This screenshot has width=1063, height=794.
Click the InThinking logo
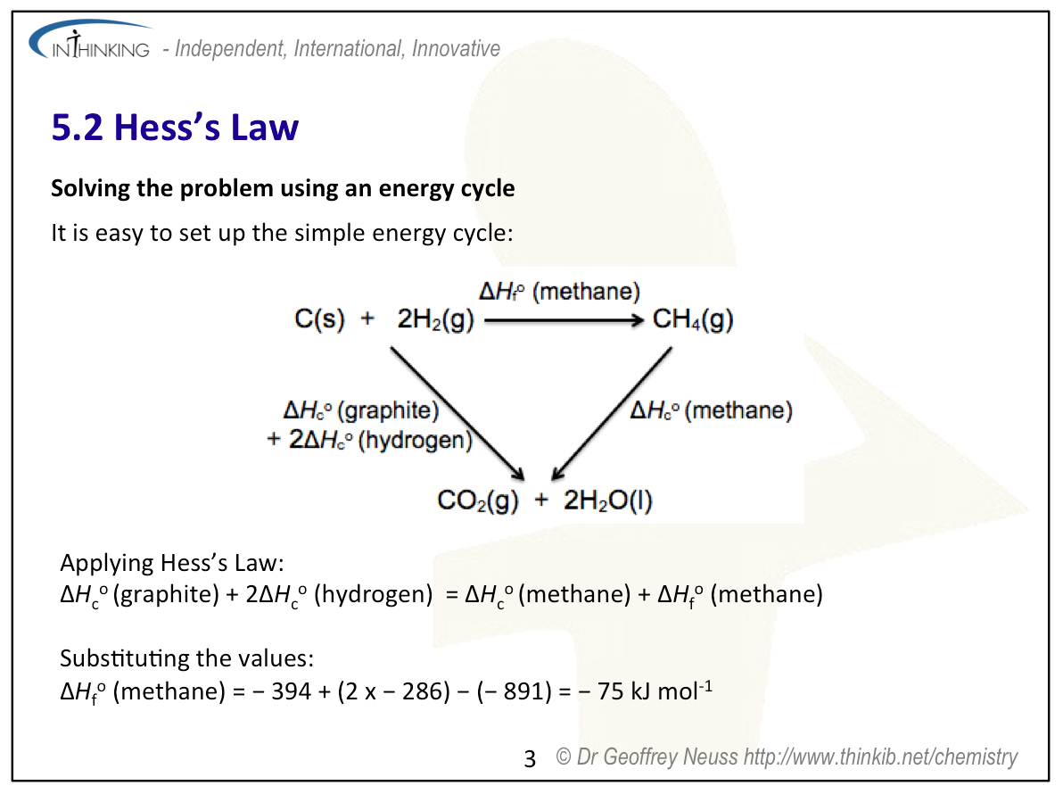(90, 41)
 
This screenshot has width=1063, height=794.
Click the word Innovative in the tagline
(456, 49)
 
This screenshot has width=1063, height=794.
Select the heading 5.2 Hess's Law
(175, 127)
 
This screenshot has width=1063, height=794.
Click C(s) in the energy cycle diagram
(319, 318)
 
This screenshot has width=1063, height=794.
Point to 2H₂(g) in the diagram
(435, 318)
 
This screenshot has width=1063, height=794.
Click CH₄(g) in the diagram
(692, 318)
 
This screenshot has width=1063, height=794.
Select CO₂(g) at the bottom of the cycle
(478, 500)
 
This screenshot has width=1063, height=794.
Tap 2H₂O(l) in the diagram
(607, 500)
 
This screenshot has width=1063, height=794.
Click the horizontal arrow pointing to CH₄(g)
(564, 320)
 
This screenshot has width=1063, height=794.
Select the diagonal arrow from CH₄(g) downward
(612, 414)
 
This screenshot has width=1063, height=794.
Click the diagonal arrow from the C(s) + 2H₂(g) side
(457, 414)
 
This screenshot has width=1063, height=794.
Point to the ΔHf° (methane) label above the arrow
(559, 292)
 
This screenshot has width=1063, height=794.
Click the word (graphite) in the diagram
(389, 410)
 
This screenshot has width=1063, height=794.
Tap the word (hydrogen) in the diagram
(415, 440)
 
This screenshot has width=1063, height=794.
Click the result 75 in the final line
(610, 691)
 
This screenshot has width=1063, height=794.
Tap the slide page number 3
(530, 758)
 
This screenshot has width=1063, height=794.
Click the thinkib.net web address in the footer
(881, 757)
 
